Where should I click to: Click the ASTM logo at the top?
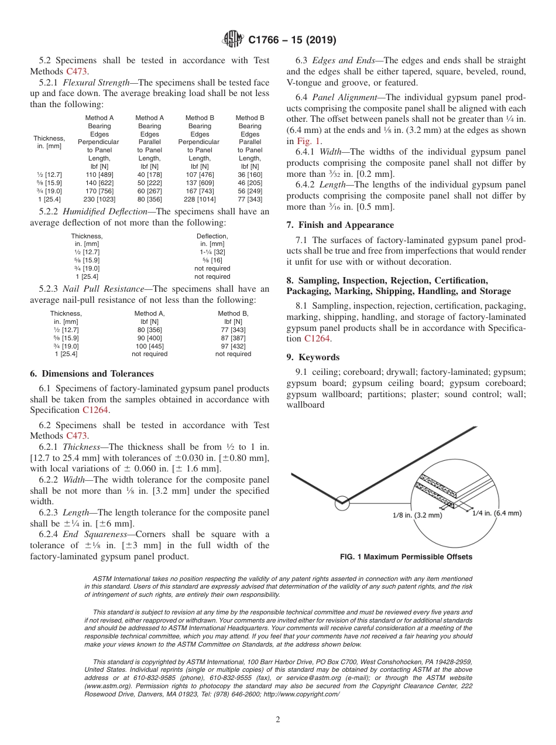coord(233,40)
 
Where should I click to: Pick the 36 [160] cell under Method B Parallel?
coord(250,175)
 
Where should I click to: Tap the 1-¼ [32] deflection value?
coord(212,252)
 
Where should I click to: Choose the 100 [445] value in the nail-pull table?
coord(149,346)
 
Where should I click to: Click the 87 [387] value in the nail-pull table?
coord(233,337)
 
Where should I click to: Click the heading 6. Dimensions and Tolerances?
coord(91,374)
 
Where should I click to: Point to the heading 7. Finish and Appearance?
coord(340,225)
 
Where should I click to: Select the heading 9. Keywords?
coord(313,357)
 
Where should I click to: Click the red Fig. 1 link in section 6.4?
coord(308,141)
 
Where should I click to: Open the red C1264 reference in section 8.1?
coord(317,339)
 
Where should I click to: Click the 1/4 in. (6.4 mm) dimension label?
coord(496,513)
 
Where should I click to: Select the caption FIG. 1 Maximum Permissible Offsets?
coord(406,557)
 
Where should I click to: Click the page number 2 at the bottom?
coord(278,720)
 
